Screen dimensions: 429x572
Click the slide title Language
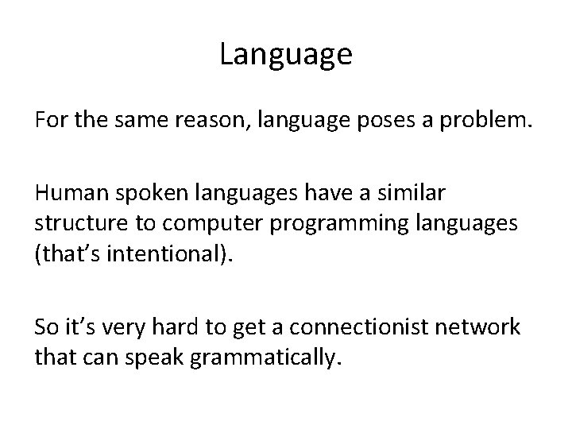[x=285, y=55]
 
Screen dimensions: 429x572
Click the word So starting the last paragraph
[x=44, y=327]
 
